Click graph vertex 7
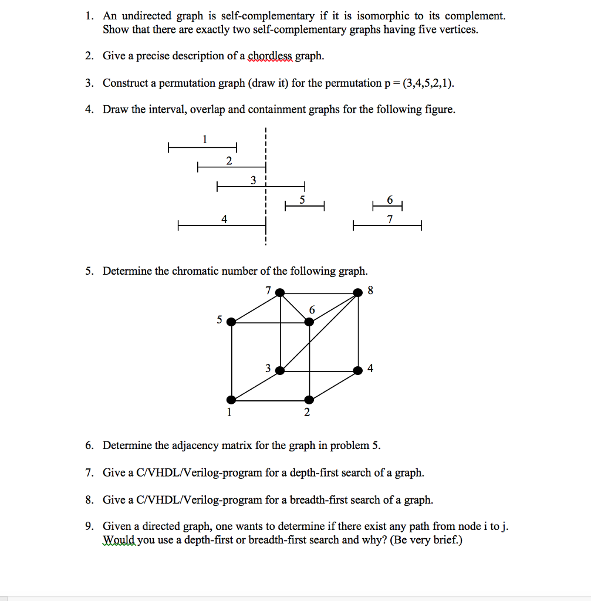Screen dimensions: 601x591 (x=281, y=292)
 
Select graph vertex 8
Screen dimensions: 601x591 (x=358, y=292)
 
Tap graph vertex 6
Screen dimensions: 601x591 (x=309, y=321)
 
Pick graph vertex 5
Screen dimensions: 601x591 (x=231, y=321)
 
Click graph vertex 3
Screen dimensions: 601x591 (x=281, y=370)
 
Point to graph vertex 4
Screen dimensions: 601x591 (x=358, y=370)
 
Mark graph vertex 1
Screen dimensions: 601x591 (x=231, y=400)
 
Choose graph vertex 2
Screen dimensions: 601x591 (x=309, y=400)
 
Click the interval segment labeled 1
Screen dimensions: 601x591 (x=202, y=147)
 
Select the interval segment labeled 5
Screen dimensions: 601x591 (x=305, y=206)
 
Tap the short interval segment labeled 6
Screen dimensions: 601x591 (x=387, y=206)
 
